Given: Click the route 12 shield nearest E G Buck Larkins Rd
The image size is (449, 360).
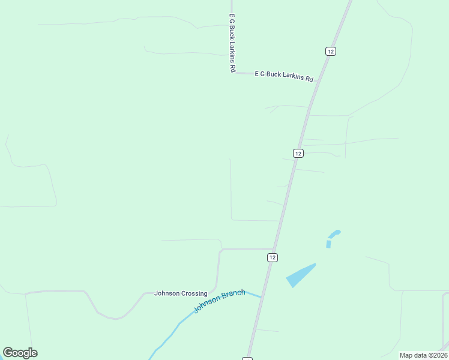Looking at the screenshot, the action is (x=330, y=51).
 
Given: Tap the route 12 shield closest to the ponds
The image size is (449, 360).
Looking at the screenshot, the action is (x=273, y=257).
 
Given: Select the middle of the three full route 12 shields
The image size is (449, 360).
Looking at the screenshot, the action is (x=298, y=153).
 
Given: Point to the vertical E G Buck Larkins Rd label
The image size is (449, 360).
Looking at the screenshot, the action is (x=231, y=43).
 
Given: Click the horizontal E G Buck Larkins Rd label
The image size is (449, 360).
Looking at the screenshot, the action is (x=284, y=76).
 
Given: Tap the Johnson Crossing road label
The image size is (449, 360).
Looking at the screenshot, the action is (x=181, y=293).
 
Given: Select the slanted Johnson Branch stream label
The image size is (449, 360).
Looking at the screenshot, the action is (x=219, y=301).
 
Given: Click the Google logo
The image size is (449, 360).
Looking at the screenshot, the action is (x=20, y=353).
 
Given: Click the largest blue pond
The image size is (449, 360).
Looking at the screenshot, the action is (x=300, y=275).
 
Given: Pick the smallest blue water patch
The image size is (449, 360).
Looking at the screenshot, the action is (x=328, y=244).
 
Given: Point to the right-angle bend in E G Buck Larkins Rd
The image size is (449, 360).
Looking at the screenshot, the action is (x=232, y=73).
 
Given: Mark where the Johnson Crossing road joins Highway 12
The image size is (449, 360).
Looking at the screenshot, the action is (x=274, y=248).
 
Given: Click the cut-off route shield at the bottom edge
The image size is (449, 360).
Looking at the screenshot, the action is (x=247, y=358).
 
